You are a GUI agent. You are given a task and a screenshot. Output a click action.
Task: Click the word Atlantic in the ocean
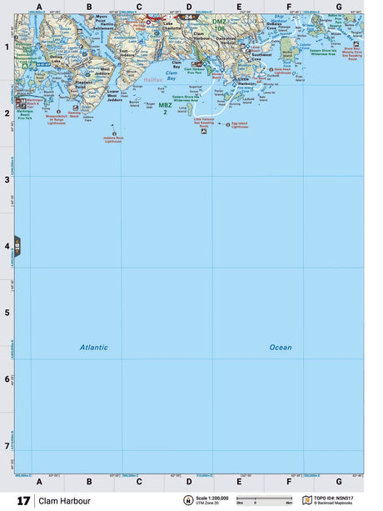coord(94,347)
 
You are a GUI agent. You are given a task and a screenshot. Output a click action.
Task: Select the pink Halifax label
coord(154,80)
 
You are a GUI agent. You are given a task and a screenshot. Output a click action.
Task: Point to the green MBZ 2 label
coord(166,108)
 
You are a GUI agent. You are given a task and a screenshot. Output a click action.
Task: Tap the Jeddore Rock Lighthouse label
coord(113,139)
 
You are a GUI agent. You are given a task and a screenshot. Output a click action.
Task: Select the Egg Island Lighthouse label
coord(240,126)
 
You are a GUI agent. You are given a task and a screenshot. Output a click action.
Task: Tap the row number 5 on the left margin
coord(8,313)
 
